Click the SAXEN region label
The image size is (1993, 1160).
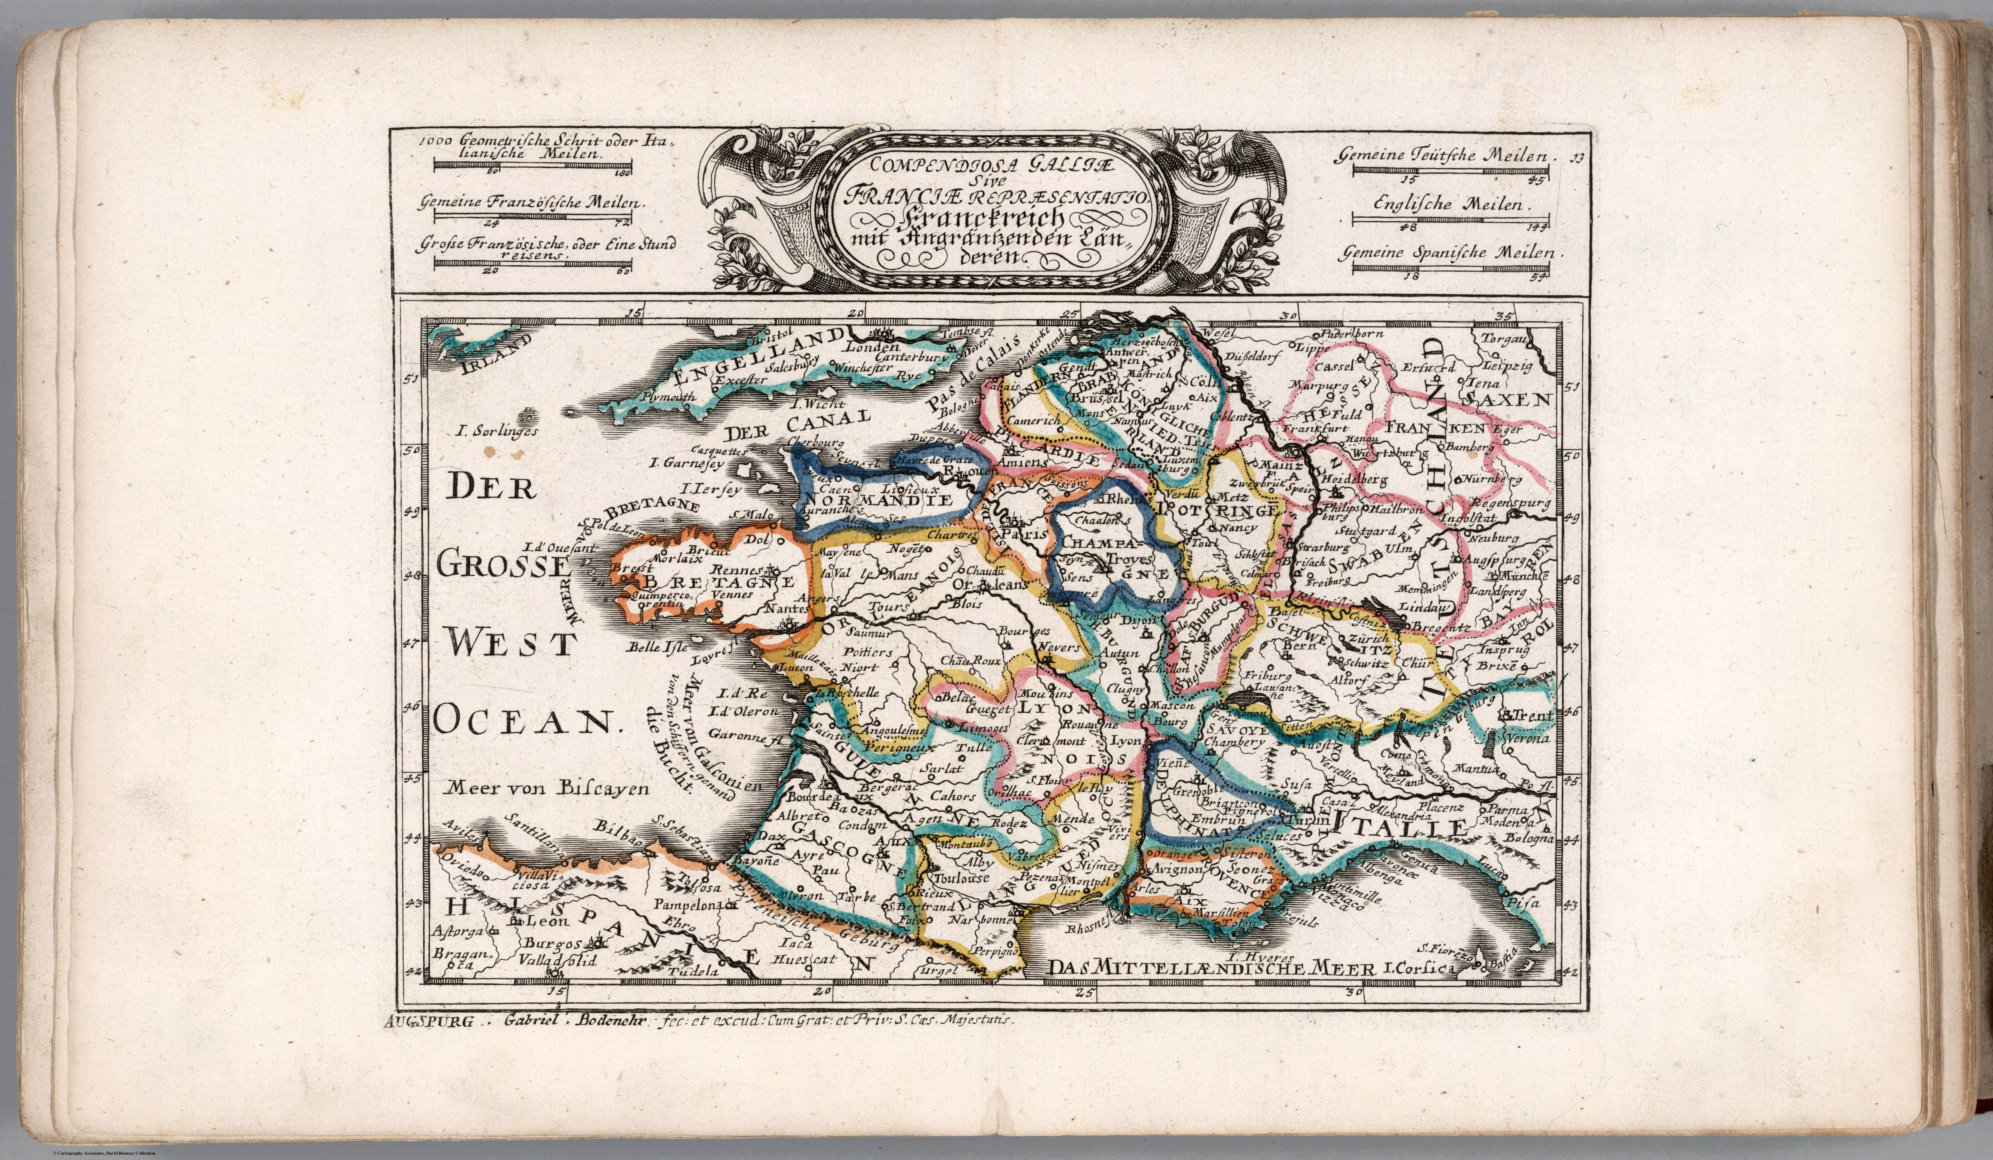[x=1505, y=400]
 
